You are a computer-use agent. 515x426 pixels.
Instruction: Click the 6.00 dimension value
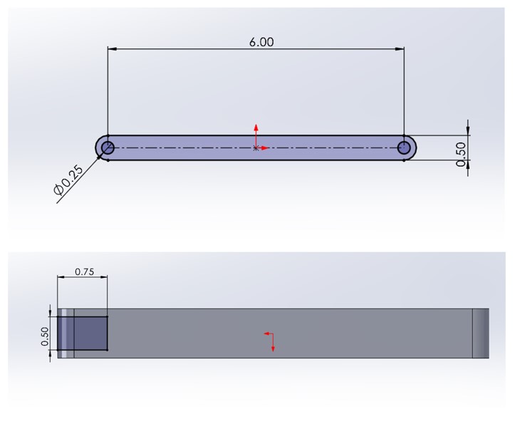coord(261,42)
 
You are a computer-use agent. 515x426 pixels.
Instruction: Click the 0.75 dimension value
coord(84,271)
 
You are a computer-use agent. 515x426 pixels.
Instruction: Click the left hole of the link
coord(108,147)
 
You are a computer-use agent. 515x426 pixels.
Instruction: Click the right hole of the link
coord(405,147)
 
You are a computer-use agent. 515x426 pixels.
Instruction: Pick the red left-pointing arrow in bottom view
coord(265,333)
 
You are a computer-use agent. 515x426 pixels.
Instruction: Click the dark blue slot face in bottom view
coord(90,333)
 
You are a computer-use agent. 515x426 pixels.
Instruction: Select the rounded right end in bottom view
coord(481,333)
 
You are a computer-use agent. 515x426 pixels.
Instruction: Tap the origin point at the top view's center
coord(256,148)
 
